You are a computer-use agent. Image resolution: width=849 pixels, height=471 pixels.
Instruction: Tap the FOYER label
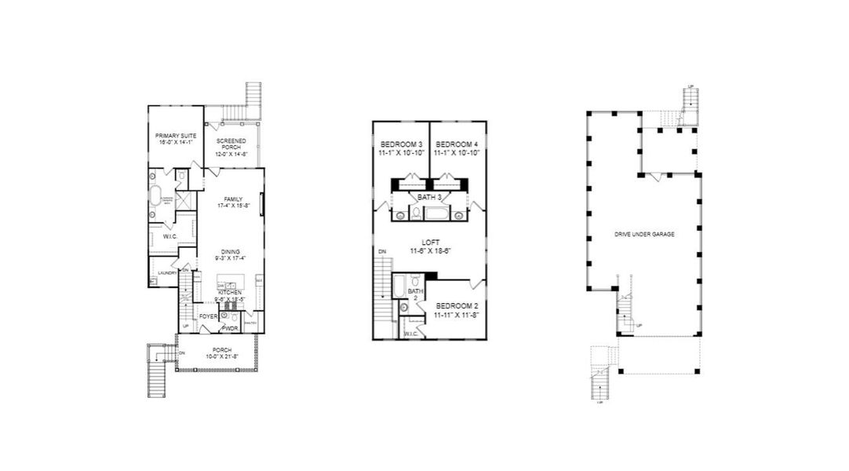(208, 316)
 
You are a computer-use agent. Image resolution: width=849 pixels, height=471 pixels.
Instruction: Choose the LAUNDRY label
(167, 273)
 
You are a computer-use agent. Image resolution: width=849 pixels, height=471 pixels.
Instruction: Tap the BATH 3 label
(430, 196)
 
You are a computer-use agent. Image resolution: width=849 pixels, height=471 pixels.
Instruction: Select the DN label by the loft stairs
(381, 251)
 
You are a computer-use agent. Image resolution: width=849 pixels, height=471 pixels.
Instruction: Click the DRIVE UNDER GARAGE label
(644, 234)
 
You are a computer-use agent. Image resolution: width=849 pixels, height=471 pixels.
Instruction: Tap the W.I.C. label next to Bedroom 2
(410, 334)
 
